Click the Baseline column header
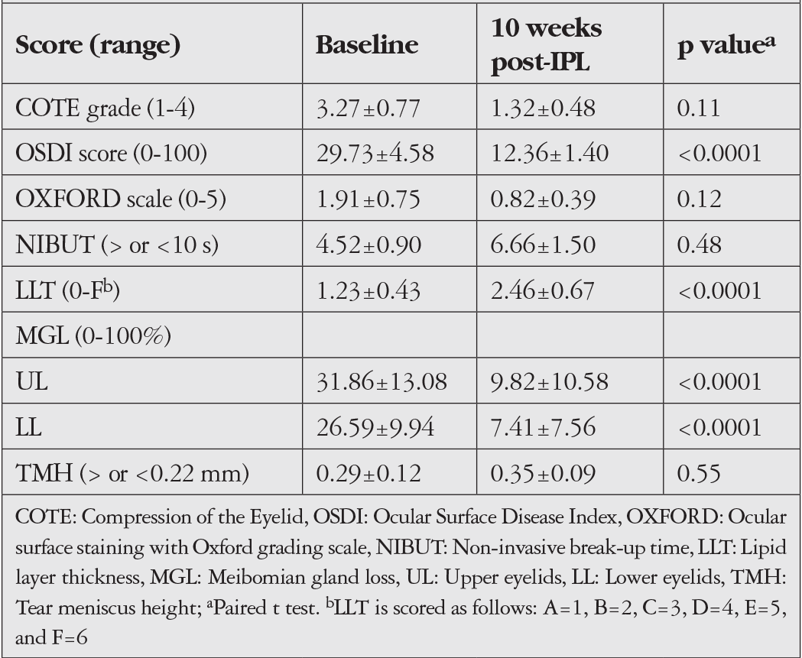pos(367,44)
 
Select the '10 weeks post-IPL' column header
pos(546,45)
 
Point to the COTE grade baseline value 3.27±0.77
pos(369,108)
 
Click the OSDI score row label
pos(111,154)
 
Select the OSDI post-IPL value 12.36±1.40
pos(550,154)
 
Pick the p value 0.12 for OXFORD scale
pos(699,199)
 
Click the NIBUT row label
pos(117,245)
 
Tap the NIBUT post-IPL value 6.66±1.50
pos(543,245)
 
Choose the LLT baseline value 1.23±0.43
pos(369,290)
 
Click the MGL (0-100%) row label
pos(93,336)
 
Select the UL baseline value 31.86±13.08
pos(382,381)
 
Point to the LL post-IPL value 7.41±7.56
pos(543,427)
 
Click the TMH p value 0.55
pos(699,473)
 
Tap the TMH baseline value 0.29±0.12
pos(369,473)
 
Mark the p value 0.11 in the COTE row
pos(699,108)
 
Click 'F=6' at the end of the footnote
pos(70,637)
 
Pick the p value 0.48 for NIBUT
pos(699,245)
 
